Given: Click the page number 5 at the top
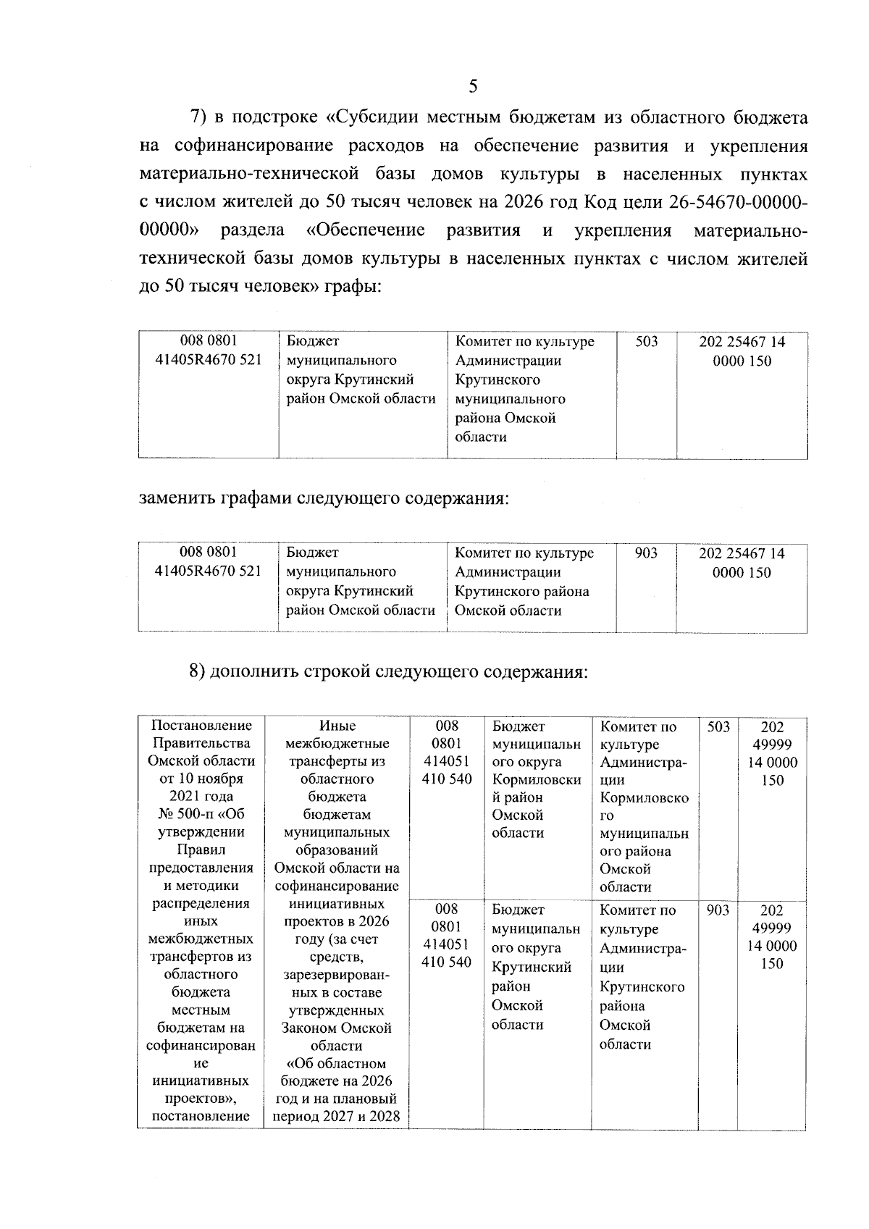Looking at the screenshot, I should (x=473, y=87).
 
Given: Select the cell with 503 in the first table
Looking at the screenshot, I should (x=646, y=341).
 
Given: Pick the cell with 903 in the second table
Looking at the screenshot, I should (x=646, y=553).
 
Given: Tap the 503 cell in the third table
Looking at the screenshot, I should (x=718, y=726).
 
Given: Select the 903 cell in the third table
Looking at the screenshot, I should (x=718, y=910).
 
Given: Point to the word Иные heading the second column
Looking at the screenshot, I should (x=337, y=726).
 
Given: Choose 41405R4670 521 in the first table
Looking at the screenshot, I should (x=209, y=360).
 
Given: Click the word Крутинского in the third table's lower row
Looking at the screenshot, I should (x=642, y=987).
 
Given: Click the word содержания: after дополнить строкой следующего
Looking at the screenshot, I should (x=535, y=671).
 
